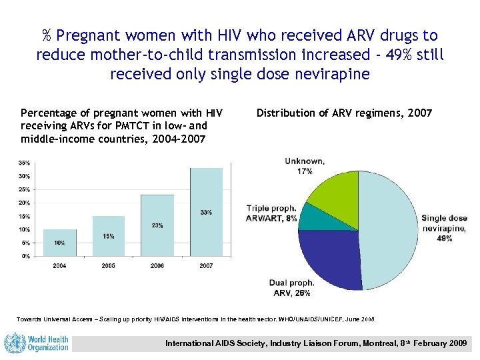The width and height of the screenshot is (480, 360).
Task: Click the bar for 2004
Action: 60,242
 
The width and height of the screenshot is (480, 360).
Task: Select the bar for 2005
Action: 109,235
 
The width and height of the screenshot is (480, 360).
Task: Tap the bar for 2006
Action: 157,225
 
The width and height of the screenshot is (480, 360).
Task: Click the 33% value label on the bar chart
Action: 206,212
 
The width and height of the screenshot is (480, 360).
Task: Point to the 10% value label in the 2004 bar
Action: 60,243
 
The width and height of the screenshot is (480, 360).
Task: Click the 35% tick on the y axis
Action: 23,163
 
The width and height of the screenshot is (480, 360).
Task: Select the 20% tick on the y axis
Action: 23,203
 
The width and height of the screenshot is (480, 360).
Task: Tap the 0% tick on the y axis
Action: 25,255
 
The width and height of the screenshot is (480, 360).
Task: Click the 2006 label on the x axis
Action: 157,265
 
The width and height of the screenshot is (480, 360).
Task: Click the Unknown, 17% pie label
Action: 305,165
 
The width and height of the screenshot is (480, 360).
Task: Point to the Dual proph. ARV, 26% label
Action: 292,287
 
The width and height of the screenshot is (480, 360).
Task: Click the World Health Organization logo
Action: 37,343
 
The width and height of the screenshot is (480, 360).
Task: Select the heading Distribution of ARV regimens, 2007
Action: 344,113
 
